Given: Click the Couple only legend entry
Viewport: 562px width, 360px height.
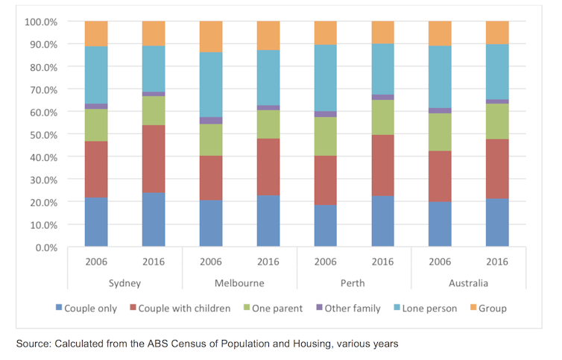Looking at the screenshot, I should pos(89,308).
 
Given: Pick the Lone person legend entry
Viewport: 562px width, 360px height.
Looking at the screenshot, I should pos(429,308).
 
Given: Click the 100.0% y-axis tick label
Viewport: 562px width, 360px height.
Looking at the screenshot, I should pos(42,22).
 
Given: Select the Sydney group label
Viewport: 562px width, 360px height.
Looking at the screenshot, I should pos(124,283).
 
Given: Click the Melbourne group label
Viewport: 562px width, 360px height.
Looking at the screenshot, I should pos(239,283).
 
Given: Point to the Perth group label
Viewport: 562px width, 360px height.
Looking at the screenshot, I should pos(354,283).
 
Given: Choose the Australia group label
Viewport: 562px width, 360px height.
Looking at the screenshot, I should pos(469,283).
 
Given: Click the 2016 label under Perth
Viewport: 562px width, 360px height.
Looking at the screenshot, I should pos(382,262).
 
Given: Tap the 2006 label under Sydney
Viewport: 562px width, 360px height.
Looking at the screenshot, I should pos(95,262).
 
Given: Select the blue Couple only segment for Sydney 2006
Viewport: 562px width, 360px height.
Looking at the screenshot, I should pos(95,222).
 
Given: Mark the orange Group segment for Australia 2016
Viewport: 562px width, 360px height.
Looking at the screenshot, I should pos(497,33).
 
